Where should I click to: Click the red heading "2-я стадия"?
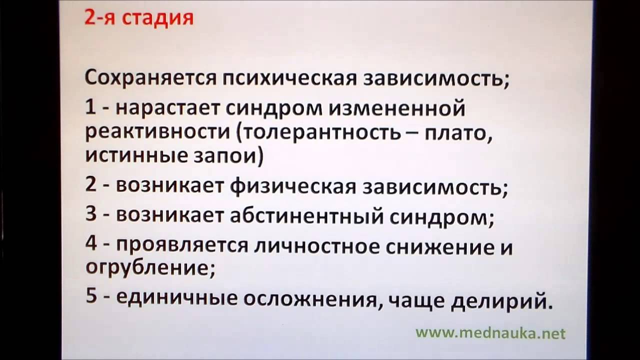click(x=138, y=18)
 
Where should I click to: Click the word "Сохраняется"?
click(x=149, y=79)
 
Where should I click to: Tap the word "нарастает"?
click(x=173, y=108)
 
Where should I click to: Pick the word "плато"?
click(x=457, y=132)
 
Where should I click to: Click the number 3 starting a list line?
click(x=90, y=215)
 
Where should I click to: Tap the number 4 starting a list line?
click(x=90, y=245)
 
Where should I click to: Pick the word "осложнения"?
click(x=309, y=298)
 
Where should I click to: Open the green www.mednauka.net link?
click(x=490, y=333)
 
